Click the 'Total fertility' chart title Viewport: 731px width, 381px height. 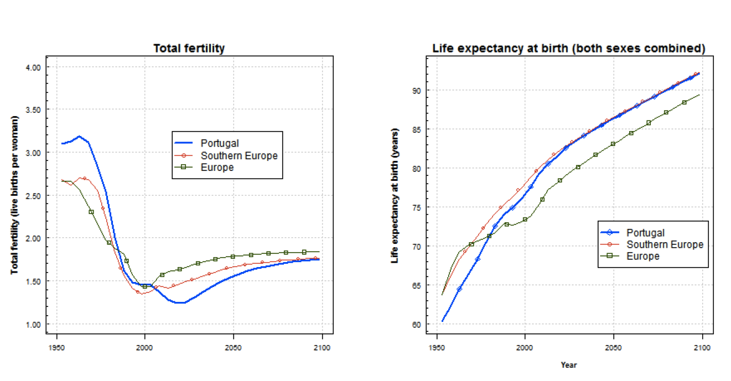point(189,49)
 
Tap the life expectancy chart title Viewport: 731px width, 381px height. point(568,49)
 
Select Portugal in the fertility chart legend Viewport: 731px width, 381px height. point(220,144)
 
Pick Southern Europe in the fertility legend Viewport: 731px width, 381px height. point(239,155)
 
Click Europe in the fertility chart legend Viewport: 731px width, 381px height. point(217,167)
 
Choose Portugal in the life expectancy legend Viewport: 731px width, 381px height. point(645,233)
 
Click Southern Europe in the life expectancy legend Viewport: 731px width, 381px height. point(665,244)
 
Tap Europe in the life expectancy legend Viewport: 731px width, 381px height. point(642,256)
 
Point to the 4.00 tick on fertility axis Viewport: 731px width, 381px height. point(34,67)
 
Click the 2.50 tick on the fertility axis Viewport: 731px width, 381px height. point(34,196)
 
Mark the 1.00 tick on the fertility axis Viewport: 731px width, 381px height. point(34,325)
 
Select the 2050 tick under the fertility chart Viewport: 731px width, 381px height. point(233,348)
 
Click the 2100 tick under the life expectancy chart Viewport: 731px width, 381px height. point(702,348)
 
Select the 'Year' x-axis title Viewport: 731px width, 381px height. point(568,365)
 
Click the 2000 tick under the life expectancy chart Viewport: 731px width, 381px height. point(525,348)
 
